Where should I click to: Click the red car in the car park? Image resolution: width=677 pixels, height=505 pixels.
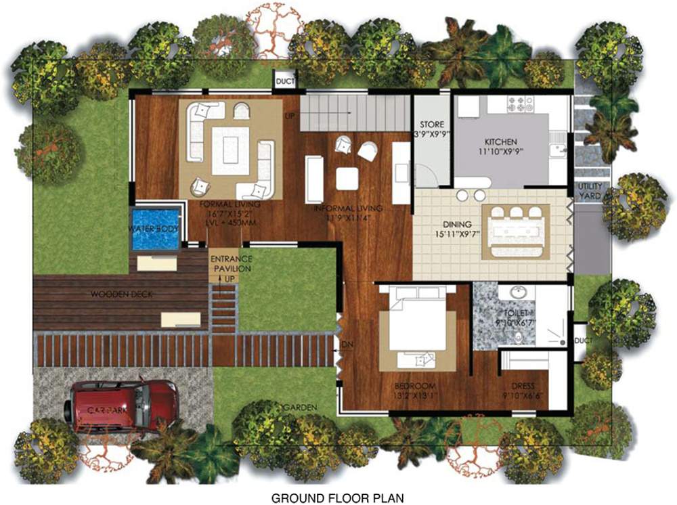[121, 405]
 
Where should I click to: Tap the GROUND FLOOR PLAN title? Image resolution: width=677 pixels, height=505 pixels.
[338, 498]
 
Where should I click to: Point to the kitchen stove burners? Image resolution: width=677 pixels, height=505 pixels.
[520, 104]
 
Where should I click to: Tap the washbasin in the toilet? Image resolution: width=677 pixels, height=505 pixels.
[518, 293]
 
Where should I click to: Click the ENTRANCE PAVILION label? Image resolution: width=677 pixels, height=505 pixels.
[231, 264]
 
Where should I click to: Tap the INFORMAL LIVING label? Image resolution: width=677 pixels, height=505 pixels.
[348, 208]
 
